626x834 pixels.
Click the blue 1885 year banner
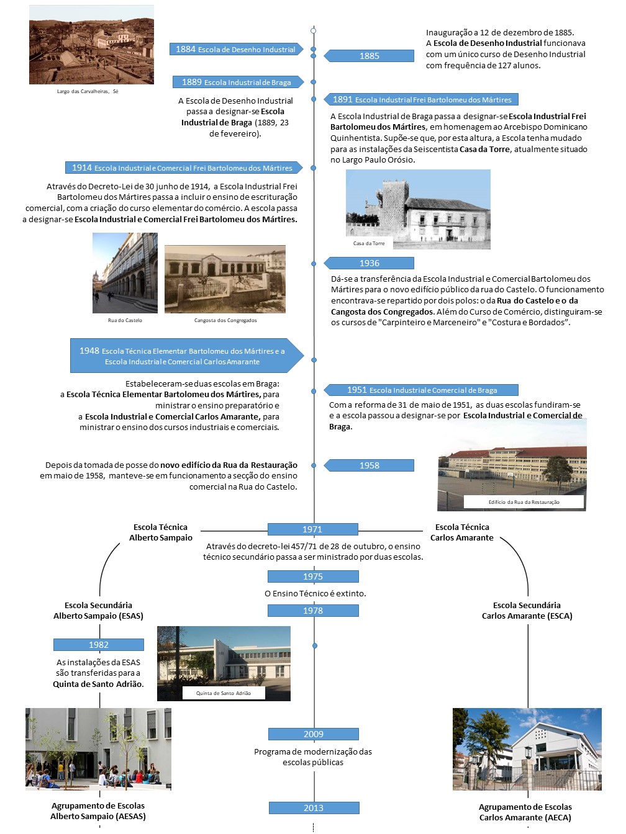[370, 56]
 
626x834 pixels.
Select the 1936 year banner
[370, 263]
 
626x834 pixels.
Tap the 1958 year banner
[370, 465]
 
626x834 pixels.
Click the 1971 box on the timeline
[313, 529]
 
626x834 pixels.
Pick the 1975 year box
[313, 576]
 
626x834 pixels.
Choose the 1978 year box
[313, 611]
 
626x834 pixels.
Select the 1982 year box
[99, 645]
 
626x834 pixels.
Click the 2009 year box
[313, 734]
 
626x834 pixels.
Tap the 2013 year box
[314, 808]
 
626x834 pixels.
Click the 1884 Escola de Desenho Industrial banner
[236, 49]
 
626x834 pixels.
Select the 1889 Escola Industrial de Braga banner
[237, 82]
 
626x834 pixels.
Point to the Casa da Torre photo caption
[369, 243]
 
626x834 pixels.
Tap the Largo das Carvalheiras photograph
[91, 45]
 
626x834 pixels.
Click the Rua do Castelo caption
[125, 320]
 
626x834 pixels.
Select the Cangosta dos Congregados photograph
[225, 279]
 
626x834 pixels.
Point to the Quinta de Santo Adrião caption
[224, 693]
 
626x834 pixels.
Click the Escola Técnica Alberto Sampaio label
[161, 532]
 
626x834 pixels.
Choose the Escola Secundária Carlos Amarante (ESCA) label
[527, 611]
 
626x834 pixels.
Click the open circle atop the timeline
[314, 30]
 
